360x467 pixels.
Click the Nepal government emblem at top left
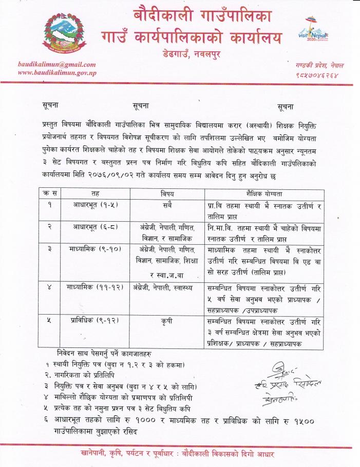coord(60,34)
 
